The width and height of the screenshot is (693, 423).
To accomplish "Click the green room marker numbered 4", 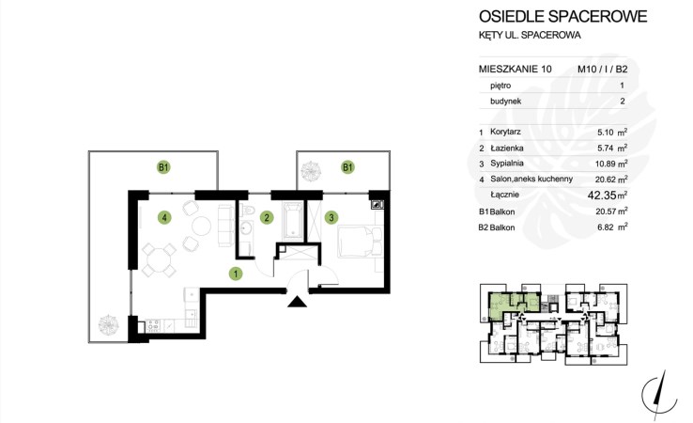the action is (164, 217).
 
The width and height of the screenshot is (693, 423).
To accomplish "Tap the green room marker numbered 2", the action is (267, 217).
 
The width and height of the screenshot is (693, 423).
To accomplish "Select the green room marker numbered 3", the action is (331, 217).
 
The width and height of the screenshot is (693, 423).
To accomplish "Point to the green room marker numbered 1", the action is (236, 274).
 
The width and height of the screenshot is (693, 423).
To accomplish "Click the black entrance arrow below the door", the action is (297, 302).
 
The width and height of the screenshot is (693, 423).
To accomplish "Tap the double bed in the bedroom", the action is (361, 242).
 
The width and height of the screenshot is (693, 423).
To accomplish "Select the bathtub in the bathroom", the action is (293, 221).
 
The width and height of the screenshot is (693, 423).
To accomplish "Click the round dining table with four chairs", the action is (159, 260).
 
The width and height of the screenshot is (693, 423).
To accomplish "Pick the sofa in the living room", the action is (225, 226).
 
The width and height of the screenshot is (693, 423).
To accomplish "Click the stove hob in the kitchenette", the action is (152, 326).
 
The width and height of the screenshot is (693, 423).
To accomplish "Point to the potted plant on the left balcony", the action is (108, 325).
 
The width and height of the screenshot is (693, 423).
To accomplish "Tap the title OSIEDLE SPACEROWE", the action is (563, 16).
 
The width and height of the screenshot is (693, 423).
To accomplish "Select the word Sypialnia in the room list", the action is (507, 164).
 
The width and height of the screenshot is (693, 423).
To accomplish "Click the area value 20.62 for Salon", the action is (606, 180).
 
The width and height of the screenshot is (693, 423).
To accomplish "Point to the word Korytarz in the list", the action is (505, 132).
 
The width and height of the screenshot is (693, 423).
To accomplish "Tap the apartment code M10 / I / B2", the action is (603, 69).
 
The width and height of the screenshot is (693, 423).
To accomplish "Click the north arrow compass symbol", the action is (659, 395).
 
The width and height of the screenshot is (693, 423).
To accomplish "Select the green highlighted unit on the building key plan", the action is (513, 305).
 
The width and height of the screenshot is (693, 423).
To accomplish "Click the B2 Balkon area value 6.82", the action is (607, 227).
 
